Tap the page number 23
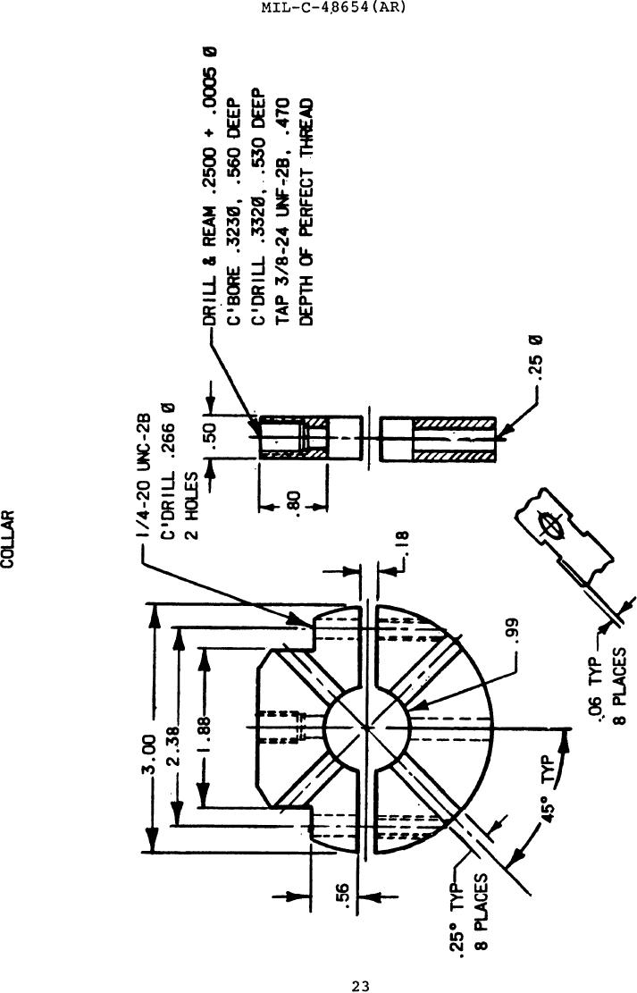point(360,985)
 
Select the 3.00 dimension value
point(149,754)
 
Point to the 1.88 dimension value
point(204,733)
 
